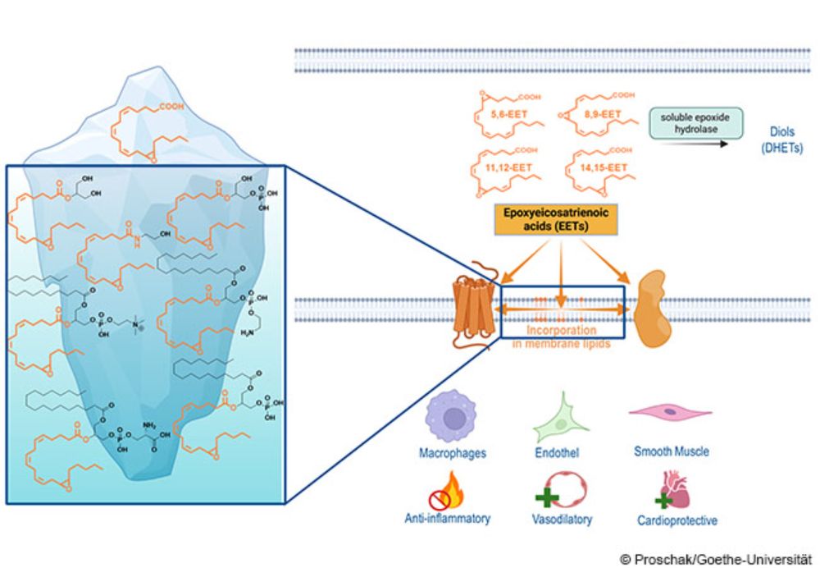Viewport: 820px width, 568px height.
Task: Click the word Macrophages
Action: [452, 451]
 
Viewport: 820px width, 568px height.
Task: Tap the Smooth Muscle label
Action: [672, 451]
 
